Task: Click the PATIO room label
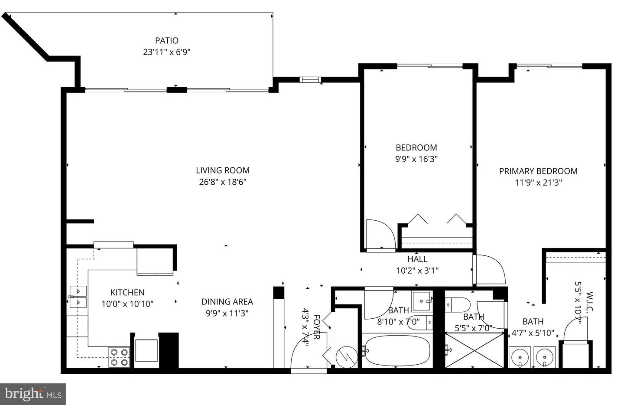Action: pos(166,40)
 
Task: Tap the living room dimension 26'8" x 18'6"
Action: pos(222,182)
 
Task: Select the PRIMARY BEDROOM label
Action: pos(538,171)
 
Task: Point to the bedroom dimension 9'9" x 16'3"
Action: pos(416,159)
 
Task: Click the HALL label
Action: pos(417,259)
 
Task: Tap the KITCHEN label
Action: pos(127,293)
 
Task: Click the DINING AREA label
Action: pos(227,302)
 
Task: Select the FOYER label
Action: pos(316,327)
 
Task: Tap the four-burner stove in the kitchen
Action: pos(119,357)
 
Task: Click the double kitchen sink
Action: pos(78,297)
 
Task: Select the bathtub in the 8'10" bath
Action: pos(396,350)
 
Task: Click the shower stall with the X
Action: pos(475,350)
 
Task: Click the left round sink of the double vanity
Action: pos(519,358)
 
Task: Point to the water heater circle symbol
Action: pos(347,357)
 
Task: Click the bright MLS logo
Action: pos(32,394)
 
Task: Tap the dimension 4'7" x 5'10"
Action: pos(533,333)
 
